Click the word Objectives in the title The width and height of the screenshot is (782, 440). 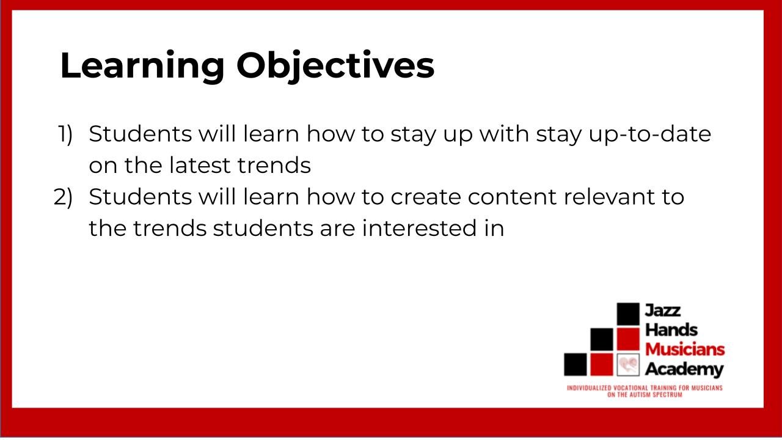[x=335, y=66]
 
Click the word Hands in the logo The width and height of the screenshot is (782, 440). [x=671, y=330]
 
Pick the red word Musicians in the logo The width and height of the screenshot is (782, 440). [x=685, y=350]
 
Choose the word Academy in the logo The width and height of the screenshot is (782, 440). [x=684, y=369]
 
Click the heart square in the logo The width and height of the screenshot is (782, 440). [x=627, y=365]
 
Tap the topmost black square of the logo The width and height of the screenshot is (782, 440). [x=627, y=313]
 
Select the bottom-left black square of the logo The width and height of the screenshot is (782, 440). [x=575, y=365]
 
